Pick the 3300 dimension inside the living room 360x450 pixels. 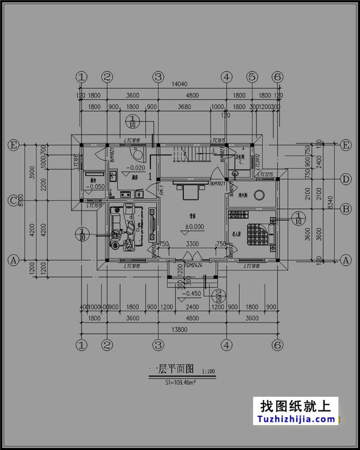pos(192,244)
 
